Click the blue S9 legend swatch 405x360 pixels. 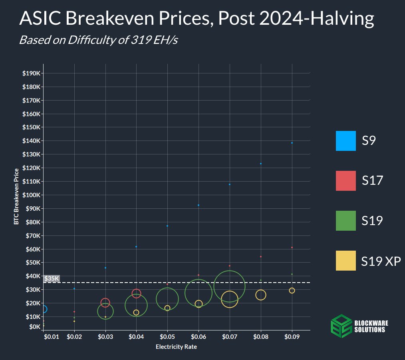[x=345, y=141]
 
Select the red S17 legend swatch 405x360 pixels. [x=345, y=181]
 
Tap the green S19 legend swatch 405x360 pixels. [x=345, y=221]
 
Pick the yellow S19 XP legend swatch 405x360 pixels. [x=345, y=261]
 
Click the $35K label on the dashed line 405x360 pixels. [x=52, y=279]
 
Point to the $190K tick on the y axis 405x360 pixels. [x=31, y=73]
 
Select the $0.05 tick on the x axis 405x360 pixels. [x=167, y=337]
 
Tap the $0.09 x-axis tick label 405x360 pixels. [x=292, y=337]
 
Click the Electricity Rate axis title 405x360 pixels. [x=176, y=347]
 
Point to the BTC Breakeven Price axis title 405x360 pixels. [x=16, y=196]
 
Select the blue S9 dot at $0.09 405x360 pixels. [x=292, y=143]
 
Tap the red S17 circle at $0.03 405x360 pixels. [x=105, y=303]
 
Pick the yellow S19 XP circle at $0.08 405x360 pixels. [x=261, y=295]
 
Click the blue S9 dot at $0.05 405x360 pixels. [x=167, y=226]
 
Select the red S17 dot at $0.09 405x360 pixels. [x=292, y=247]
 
